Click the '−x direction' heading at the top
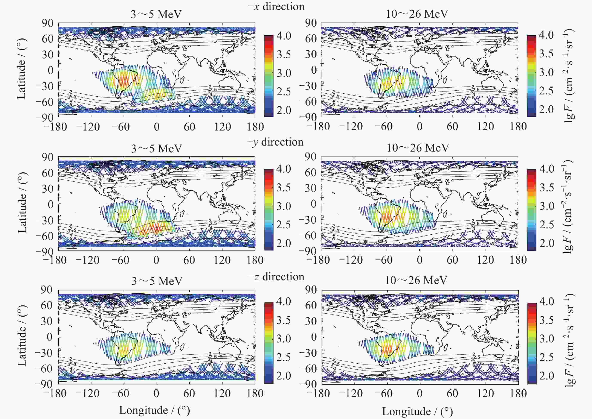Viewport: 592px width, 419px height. [276, 6]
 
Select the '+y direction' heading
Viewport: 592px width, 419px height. [275, 142]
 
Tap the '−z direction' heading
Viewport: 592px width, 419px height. [276, 277]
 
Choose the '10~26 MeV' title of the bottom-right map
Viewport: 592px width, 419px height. [416, 280]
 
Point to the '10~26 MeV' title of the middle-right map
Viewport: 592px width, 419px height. [418, 148]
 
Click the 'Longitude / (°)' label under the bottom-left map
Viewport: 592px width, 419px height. [154, 410]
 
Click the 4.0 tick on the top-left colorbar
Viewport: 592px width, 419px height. [284, 36]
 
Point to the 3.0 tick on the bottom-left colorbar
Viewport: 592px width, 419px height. [284, 339]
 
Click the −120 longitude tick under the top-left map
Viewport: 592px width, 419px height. [88, 127]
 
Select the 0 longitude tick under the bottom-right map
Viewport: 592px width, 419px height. [419, 393]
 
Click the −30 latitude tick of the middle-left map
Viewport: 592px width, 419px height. [44, 220]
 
